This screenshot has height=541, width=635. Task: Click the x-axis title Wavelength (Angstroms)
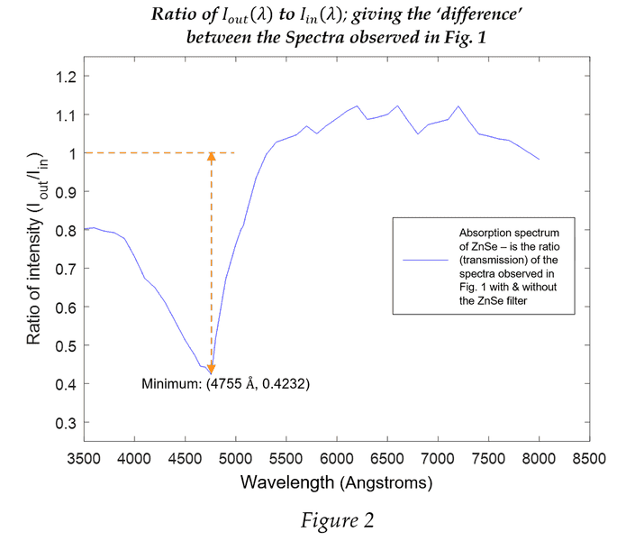336,482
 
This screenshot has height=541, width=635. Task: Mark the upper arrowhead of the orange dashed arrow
211,156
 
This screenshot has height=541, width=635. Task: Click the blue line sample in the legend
426,259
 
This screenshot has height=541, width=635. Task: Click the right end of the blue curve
539,160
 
